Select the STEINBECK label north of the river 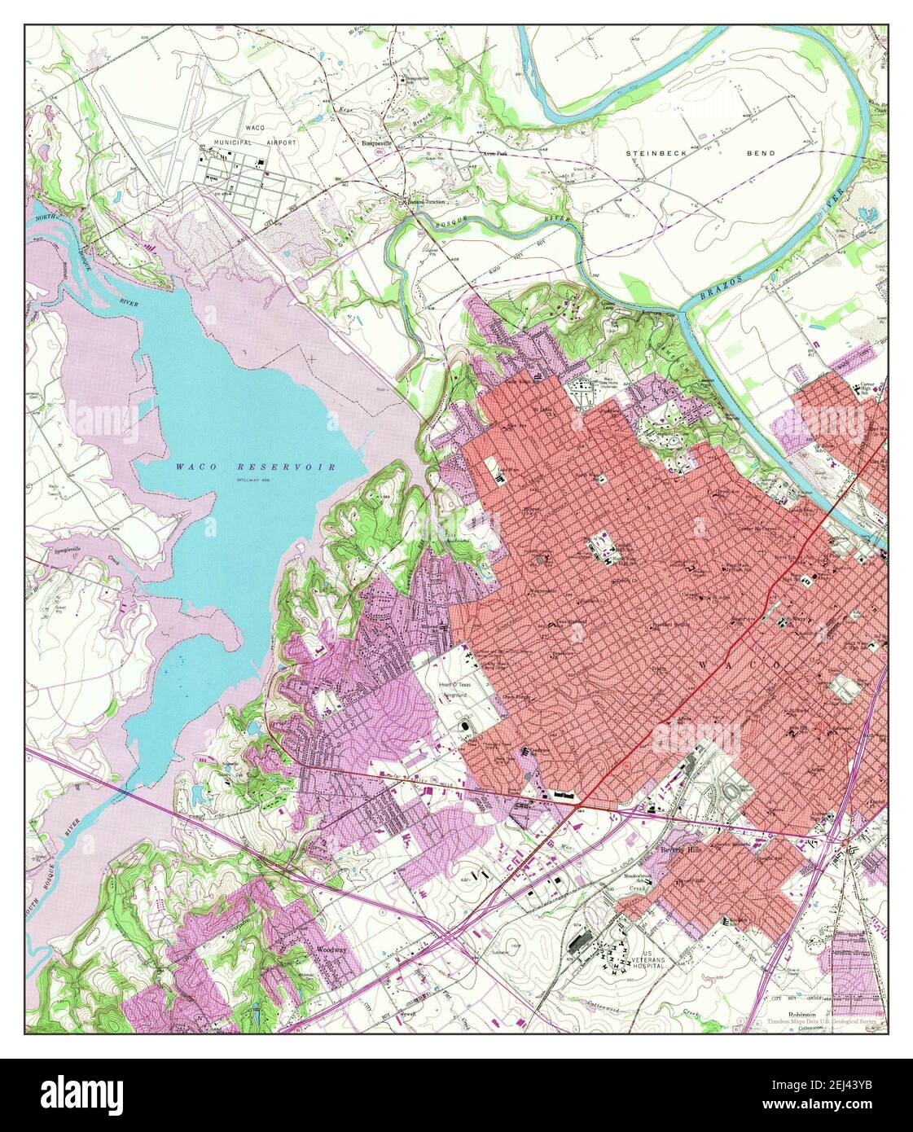click(656, 153)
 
